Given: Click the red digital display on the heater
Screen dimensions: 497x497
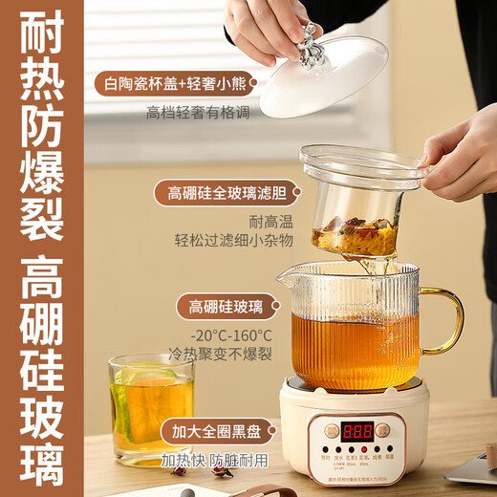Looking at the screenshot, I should [x=357, y=431].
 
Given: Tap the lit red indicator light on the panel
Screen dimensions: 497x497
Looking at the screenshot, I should [x=328, y=448].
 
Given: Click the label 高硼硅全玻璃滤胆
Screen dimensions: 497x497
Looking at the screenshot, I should [x=223, y=194].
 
